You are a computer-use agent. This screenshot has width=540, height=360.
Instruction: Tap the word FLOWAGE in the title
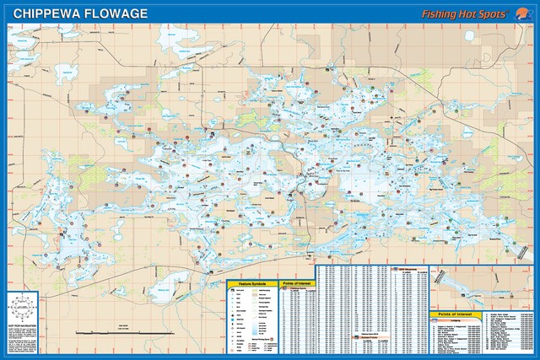[112, 13]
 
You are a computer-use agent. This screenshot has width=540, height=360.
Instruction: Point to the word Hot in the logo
[477, 14]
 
